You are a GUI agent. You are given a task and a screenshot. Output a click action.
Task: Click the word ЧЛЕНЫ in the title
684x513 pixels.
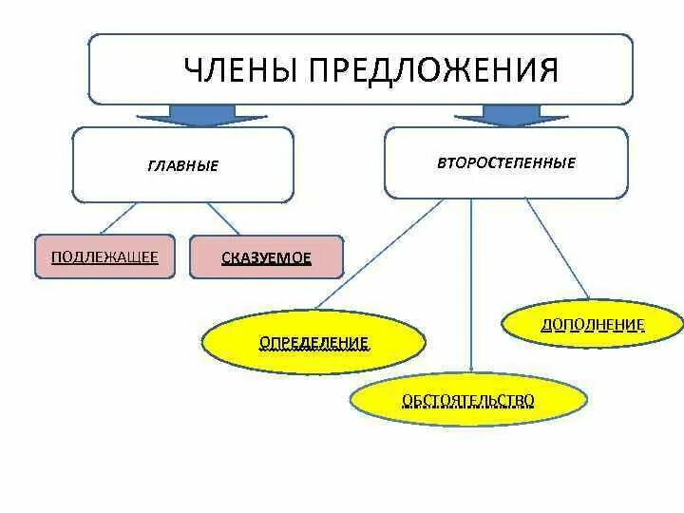[x=238, y=70]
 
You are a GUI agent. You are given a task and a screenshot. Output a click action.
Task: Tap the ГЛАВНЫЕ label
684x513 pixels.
[x=183, y=165]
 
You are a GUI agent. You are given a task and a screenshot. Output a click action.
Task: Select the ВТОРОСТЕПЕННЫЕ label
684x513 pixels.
[x=506, y=162]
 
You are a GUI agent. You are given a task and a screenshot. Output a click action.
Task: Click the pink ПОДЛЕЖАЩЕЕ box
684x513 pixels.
[x=104, y=256]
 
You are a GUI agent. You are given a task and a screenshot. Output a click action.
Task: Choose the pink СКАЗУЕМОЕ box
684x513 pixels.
[x=266, y=257]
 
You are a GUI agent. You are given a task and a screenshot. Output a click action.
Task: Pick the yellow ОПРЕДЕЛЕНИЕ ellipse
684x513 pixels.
[x=314, y=341]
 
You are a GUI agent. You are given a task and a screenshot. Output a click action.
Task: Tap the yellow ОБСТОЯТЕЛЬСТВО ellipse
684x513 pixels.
[x=468, y=399]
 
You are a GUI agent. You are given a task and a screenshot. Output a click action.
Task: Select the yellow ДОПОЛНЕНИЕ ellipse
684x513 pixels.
[x=593, y=324]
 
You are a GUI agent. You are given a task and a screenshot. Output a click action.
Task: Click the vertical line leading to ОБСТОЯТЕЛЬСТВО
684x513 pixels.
[x=470, y=285]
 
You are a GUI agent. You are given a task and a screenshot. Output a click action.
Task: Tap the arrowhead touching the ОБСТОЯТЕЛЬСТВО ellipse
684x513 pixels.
[x=470, y=370]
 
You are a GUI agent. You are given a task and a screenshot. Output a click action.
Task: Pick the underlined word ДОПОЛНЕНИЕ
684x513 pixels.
[x=593, y=324]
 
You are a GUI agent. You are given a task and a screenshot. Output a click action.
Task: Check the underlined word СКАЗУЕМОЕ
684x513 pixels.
[x=266, y=257]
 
